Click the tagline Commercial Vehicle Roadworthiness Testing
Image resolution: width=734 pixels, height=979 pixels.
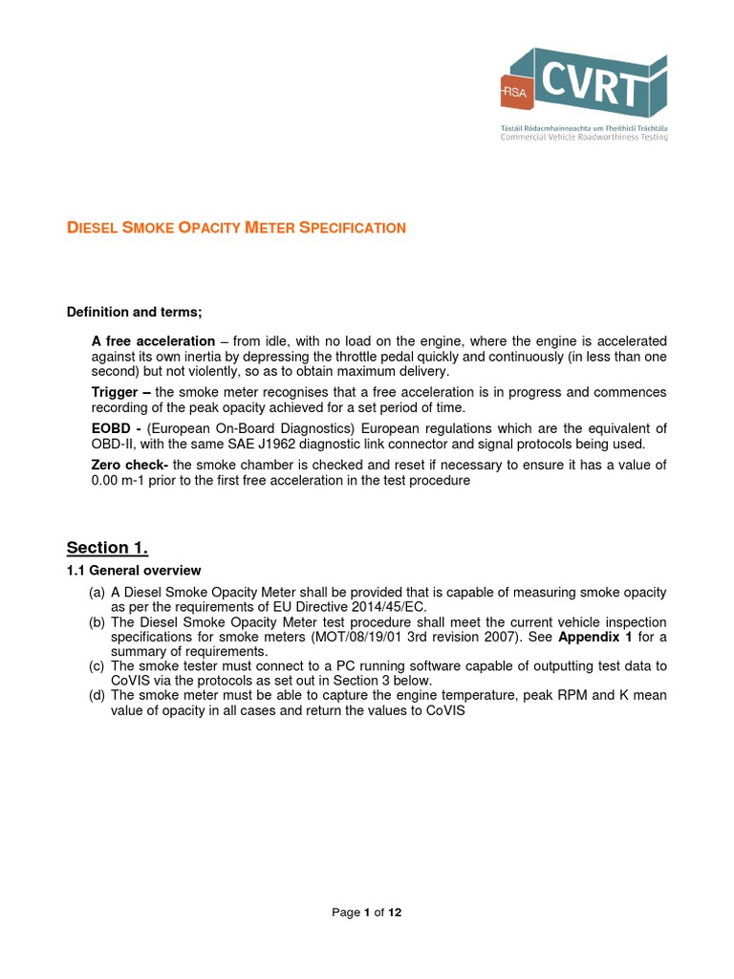click(584, 137)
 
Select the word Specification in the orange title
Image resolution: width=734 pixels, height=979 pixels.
click(353, 228)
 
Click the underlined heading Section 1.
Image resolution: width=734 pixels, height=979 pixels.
click(107, 548)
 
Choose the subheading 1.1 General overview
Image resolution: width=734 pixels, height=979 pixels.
click(133, 571)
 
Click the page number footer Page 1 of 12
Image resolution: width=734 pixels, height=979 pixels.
click(367, 913)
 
